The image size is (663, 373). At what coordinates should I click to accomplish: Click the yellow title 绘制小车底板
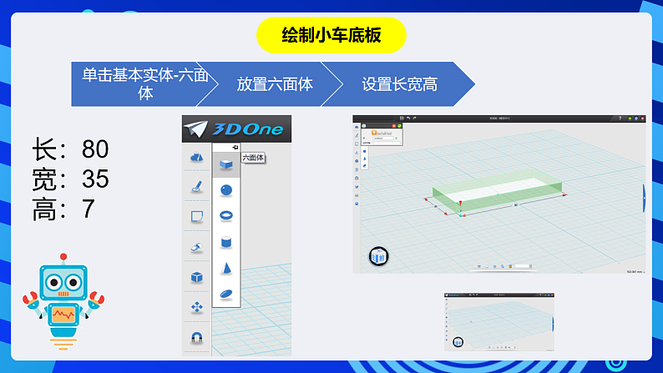tap(331, 35)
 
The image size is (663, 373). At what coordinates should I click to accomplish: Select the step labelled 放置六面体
tap(275, 84)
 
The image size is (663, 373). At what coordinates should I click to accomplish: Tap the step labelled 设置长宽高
tap(399, 84)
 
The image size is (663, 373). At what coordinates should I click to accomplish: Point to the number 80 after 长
tap(95, 150)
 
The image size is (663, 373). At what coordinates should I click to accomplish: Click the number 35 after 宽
tap(95, 179)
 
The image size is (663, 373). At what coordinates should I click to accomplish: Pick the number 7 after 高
tap(89, 209)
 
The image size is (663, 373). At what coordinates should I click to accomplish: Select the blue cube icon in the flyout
tap(225, 164)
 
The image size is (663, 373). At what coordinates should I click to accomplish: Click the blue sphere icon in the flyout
tap(225, 190)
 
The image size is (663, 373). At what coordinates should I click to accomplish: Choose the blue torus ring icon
tap(225, 216)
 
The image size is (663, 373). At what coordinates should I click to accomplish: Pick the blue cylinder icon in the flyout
tap(225, 242)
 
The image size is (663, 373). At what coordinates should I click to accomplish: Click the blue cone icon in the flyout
tap(225, 268)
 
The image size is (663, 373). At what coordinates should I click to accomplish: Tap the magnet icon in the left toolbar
tap(197, 338)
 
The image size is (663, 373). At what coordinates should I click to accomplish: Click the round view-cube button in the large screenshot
tap(379, 257)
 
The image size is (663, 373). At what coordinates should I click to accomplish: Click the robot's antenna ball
tap(62, 257)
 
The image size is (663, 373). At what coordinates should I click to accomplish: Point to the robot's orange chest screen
tap(63, 315)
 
